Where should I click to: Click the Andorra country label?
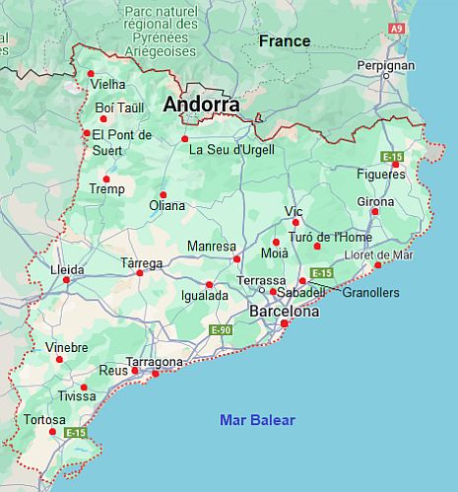tap(202, 104)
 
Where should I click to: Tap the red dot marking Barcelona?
tap(285, 323)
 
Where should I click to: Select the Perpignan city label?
tap(385, 65)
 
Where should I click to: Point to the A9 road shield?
tap(396, 30)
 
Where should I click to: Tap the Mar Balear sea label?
tap(257, 420)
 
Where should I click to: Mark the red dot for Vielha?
tap(91, 73)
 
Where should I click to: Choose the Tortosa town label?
tap(45, 420)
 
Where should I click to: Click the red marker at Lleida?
tap(67, 280)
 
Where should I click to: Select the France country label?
tap(284, 41)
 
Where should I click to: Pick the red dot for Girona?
tap(374, 212)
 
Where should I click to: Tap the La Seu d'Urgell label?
tap(231, 150)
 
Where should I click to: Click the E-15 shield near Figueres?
tap(393, 157)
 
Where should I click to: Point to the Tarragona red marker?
tap(155, 374)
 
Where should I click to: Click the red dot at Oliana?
tap(164, 194)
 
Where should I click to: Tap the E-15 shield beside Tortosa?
tap(76, 432)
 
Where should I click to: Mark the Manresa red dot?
tap(236, 259)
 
